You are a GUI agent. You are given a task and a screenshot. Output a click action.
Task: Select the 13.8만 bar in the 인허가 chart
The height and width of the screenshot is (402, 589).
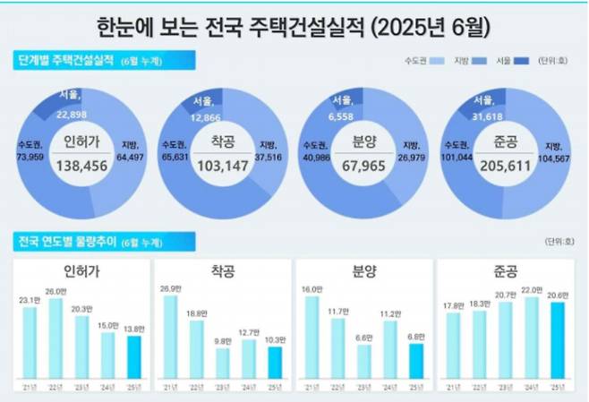pyautogui.click(x=133, y=357)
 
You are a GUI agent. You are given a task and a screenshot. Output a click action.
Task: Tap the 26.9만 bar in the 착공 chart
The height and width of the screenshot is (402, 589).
pyautogui.click(x=170, y=337)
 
